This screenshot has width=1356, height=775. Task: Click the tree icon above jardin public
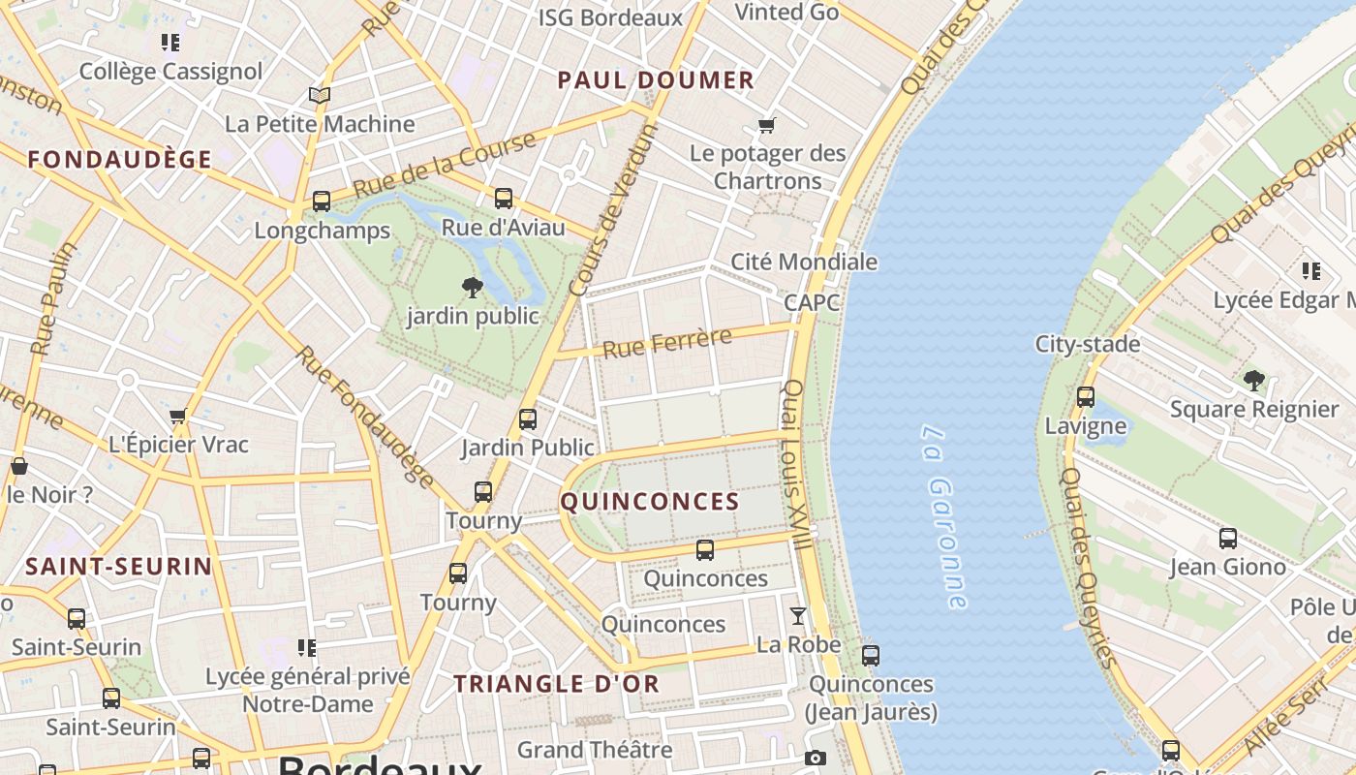(x=473, y=287)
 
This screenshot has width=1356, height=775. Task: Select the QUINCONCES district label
(x=650, y=502)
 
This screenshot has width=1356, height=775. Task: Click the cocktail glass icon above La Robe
(x=798, y=616)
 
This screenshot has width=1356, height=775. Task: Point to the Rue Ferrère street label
(x=667, y=343)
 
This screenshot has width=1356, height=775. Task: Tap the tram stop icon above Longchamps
(x=322, y=201)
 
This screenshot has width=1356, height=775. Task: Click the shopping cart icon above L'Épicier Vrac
(x=178, y=417)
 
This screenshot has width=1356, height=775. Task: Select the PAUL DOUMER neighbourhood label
(x=656, y=80)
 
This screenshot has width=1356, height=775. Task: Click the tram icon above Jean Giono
(x=1228, y=539)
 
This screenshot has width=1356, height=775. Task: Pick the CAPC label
(x=812, y=302)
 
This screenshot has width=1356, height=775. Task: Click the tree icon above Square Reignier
(x=1254, y=380)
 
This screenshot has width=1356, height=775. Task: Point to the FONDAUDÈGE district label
(x=120, y=160)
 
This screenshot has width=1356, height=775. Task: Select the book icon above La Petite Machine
(x=320, y=95)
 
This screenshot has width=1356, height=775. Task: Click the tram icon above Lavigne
(x=1086, y=397)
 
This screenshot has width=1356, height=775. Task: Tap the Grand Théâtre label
(x=594, y=750)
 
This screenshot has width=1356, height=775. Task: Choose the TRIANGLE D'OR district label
(x=557, y=684)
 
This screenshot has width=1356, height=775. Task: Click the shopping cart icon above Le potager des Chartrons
(x=767, y=125)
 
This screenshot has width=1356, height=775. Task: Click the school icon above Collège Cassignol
(x=170, y=43)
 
